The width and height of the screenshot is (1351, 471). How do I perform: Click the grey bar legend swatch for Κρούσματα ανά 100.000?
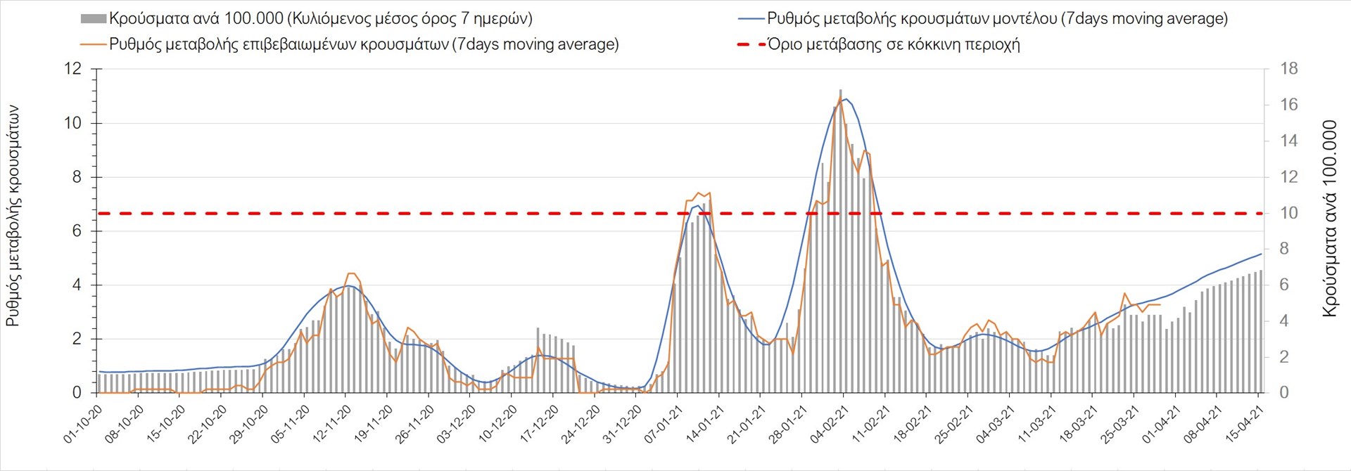pyautogui.click(x=94, y=19)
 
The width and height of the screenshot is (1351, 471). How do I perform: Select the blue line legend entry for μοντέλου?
pyautogui.click(x=751, y=19)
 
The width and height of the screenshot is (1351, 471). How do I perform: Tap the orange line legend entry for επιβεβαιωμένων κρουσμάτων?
pyautogui.click(x=94, y=44)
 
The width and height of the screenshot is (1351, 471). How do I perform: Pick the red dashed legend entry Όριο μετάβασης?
pyautogui.click(x=751, y=44)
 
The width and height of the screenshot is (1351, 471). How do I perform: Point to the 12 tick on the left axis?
pyautogui.click(x=73, y=69)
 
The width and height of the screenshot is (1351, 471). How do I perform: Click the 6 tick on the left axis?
pyautogui.click(x=77, y=231)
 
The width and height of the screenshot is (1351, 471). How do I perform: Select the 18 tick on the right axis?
pyautogui.click(x=1288, y=69)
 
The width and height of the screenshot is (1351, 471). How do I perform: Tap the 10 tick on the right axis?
pyautogui.click(x=1288, y=213)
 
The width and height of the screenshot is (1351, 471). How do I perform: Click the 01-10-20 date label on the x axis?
pyautogui.click(x=82, y=425)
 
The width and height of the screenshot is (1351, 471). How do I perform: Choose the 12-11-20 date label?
pyautogui.click(x=331, y=425)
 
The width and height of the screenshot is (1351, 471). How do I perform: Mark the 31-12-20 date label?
pyautogui.click(x=621, y=425)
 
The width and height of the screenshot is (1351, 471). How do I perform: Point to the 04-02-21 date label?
pyautogui.click(x=829, y=425)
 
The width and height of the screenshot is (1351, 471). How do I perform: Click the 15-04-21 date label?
pyautogui.click(x=1244, y=425)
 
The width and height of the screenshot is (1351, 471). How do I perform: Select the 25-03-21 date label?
pyautogui.click(x=1120, y=425)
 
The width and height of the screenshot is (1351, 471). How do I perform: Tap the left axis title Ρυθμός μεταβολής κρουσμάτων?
pyautogui.click(x=13, y=216)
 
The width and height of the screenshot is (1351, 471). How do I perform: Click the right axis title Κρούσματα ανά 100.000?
pyautogui.click(x=1329, y=219)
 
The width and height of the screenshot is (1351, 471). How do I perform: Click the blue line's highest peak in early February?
pyautogui.click(x=845, y=98)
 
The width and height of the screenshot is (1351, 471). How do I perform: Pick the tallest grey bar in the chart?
pyautogui.click(x=841, y=91)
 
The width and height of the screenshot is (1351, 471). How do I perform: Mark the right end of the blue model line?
pyautogui.click(x=1260, y=254)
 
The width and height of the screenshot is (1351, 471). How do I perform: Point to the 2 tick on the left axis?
pyautogui.click(x=77, y=339)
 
